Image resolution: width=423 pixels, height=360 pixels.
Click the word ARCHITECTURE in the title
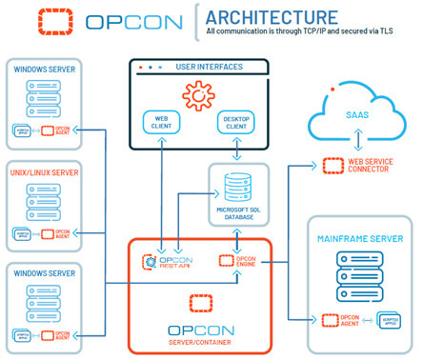pos(271,17)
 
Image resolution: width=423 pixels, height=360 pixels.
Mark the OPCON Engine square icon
pos(227,259)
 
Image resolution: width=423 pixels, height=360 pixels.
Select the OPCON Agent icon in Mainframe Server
pos(333,319)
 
